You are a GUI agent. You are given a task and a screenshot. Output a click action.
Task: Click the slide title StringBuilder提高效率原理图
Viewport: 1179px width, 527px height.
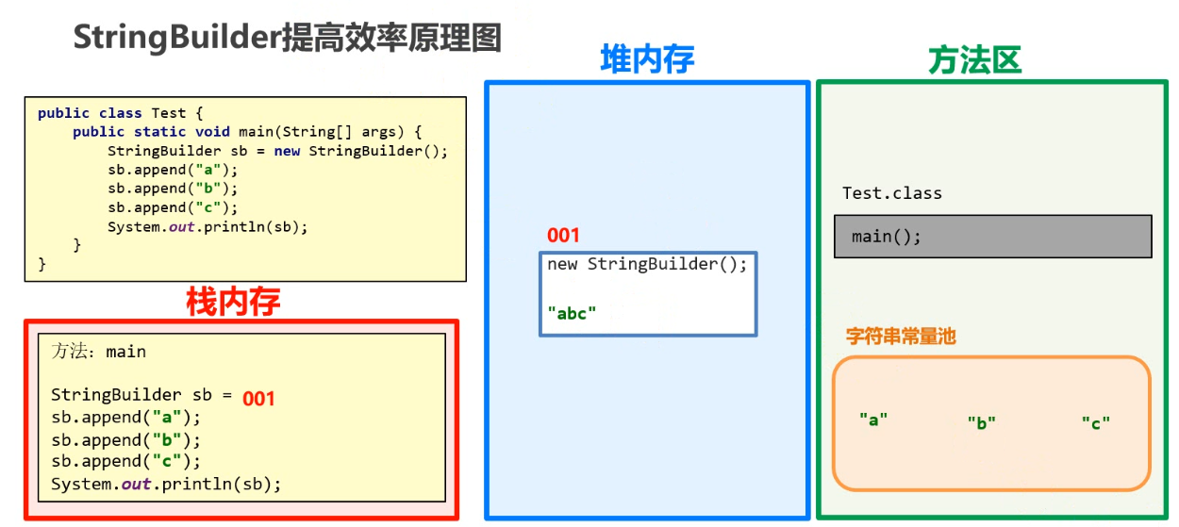(x=287, y=38)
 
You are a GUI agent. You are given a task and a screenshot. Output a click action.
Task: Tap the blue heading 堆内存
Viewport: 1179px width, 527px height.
(x=647, y=59)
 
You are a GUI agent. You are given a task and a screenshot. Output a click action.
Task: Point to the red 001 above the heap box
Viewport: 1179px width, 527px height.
(x=563, y=235)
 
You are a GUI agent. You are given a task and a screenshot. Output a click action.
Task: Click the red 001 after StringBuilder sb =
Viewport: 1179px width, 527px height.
(x=258, y=399)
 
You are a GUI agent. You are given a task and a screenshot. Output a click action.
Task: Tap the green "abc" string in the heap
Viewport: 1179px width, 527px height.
(x=573, y=313)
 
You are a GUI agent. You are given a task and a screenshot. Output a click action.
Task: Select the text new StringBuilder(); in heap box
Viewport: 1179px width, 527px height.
(x=647, y=264)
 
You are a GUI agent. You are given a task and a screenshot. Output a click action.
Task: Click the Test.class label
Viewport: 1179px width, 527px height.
(x=891, y=193)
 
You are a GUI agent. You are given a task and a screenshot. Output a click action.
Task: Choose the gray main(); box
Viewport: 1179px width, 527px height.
(x=992, y=237)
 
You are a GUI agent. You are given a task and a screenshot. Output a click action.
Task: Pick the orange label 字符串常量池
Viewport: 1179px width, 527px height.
(x=901, y=336)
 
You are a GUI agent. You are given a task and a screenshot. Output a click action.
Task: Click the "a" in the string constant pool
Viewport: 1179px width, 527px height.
(x=873, y=420)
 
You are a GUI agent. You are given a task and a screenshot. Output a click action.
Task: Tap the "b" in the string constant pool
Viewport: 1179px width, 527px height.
(x=981, y=423)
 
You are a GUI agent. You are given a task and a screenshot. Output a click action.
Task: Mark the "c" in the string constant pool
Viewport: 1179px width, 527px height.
(x=1095, y=423)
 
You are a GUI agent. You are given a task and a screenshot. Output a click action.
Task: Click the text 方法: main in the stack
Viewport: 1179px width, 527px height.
(x=99, y=352)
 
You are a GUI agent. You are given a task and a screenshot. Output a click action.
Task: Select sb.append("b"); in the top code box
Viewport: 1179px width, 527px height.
(x=173, y=189)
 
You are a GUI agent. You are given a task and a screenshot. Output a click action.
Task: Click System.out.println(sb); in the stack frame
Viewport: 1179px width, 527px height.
(x=166, y=484)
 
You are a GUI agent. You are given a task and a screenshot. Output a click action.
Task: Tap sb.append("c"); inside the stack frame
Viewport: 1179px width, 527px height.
(x=126, y=461)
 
